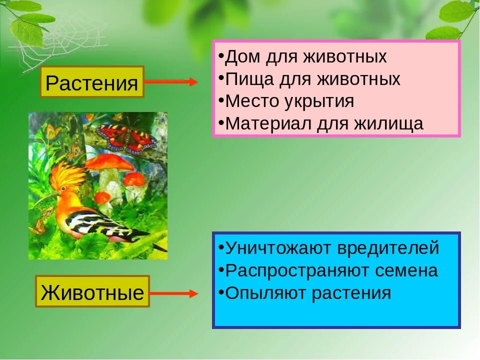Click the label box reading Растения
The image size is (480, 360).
pyautogui.click(x=91, y=82)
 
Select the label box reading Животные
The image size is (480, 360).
pyautogui.click(x=92, y=291)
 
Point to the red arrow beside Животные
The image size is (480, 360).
pyautogui.click(x=173, y=293)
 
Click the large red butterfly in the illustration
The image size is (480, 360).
pyautogui.click(x=126, y=138)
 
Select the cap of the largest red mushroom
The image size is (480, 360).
pyautogui.click(x=109, y=162)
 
